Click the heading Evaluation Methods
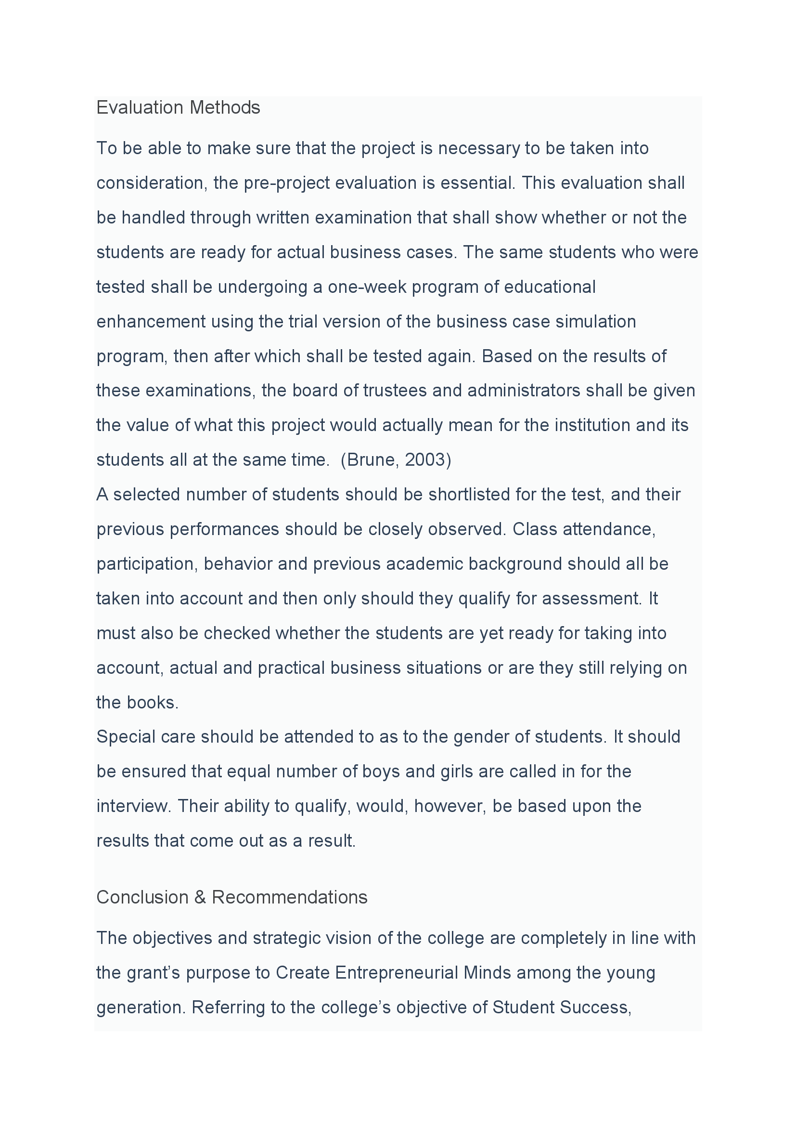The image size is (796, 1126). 178,107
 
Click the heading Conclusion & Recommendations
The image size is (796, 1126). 231,897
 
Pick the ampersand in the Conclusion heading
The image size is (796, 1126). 200,897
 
